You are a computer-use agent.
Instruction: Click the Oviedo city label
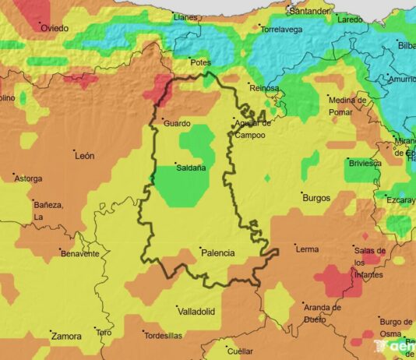pos(55,29)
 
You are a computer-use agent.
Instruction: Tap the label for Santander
pos(309,12)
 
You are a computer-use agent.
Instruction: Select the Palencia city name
pos(217,253)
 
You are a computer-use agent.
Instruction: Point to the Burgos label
pos(316,198)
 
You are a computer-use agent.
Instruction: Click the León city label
pos(84,156)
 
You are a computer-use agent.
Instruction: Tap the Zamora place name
pos(66,337)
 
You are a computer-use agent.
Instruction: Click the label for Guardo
pos(176,123)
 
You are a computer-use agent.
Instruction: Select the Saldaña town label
pos(191,168)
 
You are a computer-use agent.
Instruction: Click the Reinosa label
pos(264,89)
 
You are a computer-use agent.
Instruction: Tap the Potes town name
pos(201,62)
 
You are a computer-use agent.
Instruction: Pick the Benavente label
pos(80,254)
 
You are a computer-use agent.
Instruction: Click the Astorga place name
pos(28,178)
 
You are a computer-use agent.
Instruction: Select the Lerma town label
pos(307,250)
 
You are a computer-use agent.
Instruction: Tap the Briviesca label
pos(365,164)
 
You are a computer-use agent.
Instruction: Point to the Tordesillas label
pos(164,336)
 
